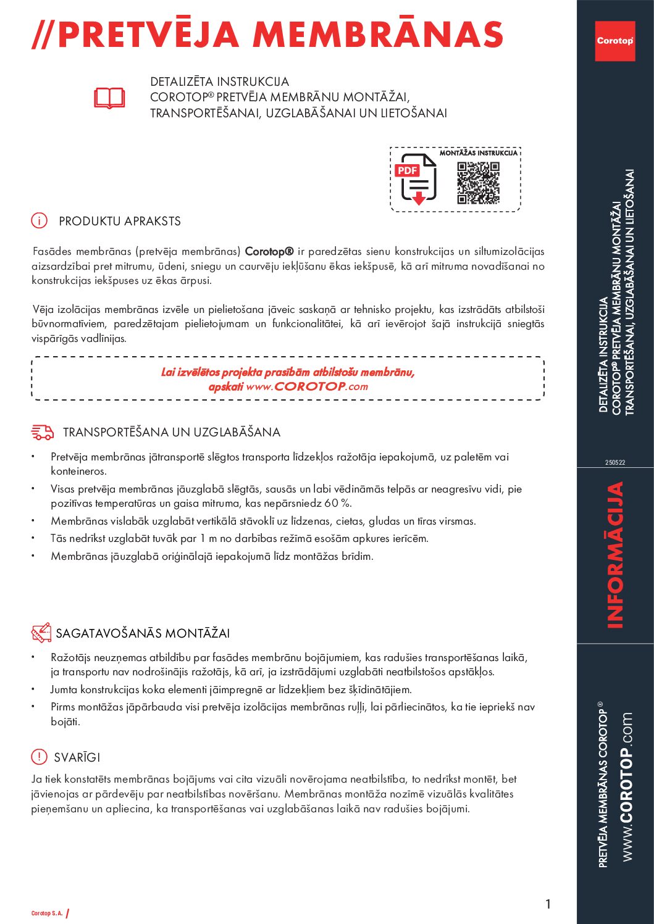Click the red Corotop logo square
614,41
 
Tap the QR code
478,183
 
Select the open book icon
109,98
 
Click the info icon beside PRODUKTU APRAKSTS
39,220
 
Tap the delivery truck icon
42,432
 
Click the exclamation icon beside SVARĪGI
39,757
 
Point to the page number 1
548,904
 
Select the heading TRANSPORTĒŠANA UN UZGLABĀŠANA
172,432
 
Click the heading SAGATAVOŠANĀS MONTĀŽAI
143,633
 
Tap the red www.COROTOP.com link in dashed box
307,386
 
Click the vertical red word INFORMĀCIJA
615,555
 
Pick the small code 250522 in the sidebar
615,462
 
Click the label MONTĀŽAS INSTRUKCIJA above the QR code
478,152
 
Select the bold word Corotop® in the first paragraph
269,251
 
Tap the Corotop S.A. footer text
47,913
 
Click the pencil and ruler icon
41,633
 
